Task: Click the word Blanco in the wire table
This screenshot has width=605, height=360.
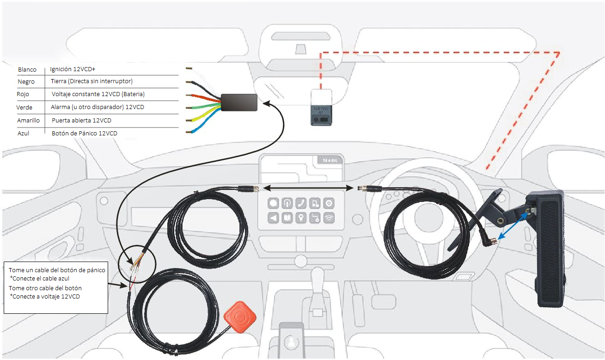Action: pyautogui.click(x=27, y=70)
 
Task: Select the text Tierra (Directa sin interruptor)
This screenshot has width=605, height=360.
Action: pyautogui.click(x=92, y=81)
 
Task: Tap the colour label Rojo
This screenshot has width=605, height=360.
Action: pyautogui.click(x=23, y=94)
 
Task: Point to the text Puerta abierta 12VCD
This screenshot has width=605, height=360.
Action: pyautogui.click(x=81, y=120)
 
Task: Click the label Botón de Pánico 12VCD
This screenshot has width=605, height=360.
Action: pyautogui.click(x=84, y=133)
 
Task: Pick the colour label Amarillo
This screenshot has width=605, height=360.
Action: pyautogui.click(x=29, y=120)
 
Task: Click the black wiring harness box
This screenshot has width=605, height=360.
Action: pyautogui.click(x=239, y=102)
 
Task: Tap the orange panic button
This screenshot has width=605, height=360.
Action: pyautogui.click(x=240, y=317)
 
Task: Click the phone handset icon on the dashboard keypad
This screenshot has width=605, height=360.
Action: pyautogui.click(x=301, y=203)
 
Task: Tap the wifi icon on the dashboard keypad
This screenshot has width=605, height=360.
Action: pyautogui.click(x=329, y=218)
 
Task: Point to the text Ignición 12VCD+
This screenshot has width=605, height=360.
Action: pyautogui.click(x=73, y=69)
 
